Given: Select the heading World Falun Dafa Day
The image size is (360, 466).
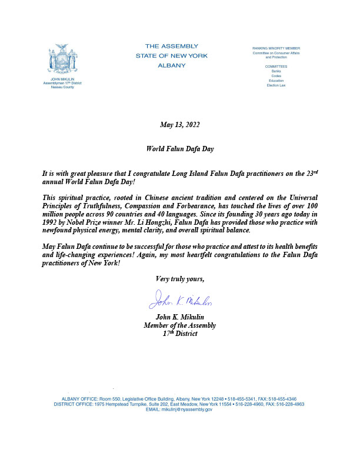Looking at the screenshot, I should click(179, 149).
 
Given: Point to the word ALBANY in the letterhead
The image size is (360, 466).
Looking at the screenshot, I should click(171, 65).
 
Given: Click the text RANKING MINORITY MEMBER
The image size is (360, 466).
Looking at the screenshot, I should click(276, 46).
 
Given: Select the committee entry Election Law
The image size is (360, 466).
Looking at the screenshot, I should click(276, 85).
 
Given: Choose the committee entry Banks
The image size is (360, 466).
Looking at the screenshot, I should click(276, 71).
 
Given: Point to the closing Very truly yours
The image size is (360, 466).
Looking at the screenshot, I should click(179, 278).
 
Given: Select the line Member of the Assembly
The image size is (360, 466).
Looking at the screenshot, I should click(179, 325).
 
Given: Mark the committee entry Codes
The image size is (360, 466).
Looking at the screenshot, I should click(276, 76).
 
